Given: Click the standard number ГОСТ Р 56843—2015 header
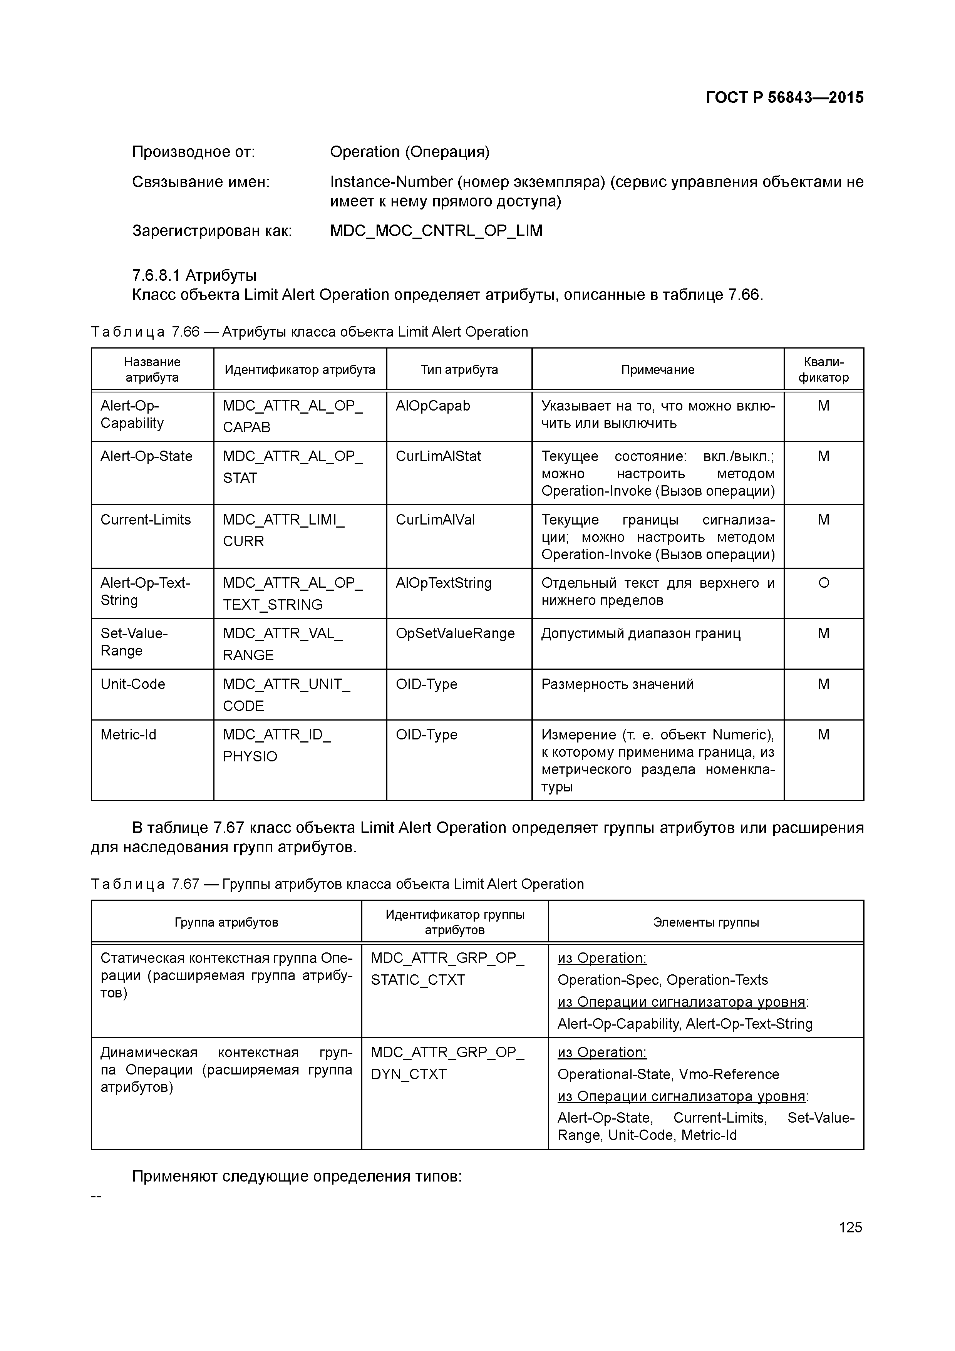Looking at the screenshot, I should pyautogui.click(x=784, y=98).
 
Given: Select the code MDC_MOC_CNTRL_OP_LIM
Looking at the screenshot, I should pyautogui.click(x=436, y=231).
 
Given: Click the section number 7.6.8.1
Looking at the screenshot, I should pyautogui.click(x=156, y=275).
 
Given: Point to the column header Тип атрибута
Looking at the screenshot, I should pyautogui.click(x=459, y=370).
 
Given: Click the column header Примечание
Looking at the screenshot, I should pyautogui.click(x=657, y=370).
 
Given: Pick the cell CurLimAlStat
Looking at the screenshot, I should pyautogui.click(x=438, y=457).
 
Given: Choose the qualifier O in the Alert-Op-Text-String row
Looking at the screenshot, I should pyautogui.click(x=823, y=583).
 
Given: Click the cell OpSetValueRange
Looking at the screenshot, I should pyautogui.click(x=455, y=634).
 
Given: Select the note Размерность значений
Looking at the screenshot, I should pyautogui.click(x=617, y=684).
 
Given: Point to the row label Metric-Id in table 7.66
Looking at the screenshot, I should pyautogui.click(x=128, y=735).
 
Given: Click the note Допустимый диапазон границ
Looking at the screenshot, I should pyautogui.click(x=641, y=634).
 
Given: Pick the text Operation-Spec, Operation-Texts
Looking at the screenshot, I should pyautogui.click(x=663, y=980).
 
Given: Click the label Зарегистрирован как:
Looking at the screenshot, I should pyautogui.click(x=212, y=231).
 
